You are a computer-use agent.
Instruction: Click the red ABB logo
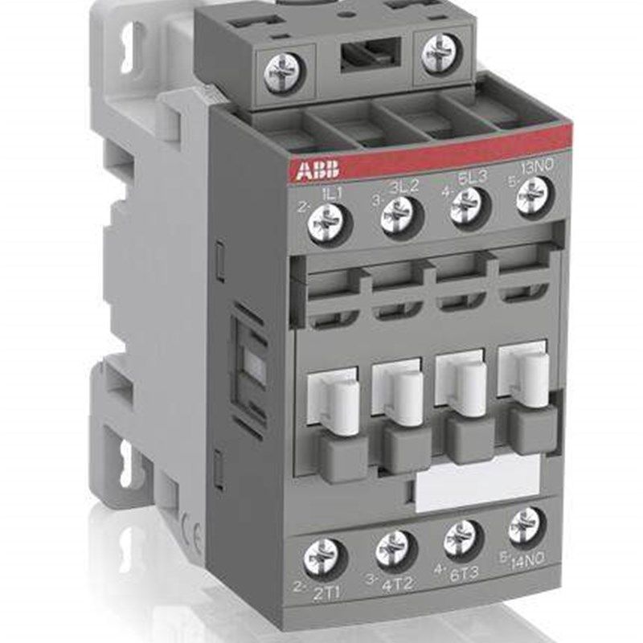(x=320, y=170)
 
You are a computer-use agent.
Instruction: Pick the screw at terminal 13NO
(x=531, y=195)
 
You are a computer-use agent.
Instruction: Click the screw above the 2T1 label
(x=325, y=557)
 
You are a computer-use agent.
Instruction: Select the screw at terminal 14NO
(x=526, y=526)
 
